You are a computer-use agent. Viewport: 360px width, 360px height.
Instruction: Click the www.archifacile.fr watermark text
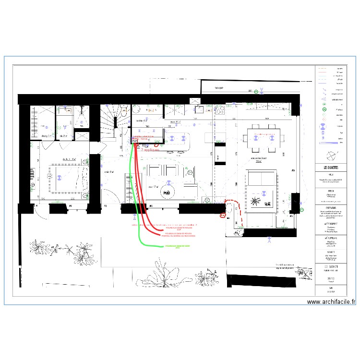tap(331, 302)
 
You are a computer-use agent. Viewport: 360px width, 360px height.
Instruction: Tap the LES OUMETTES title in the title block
tap(330, 168)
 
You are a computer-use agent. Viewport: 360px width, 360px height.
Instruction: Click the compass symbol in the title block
tap(330, 156)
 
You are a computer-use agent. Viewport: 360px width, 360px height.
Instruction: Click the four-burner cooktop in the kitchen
tap(219, 111)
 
